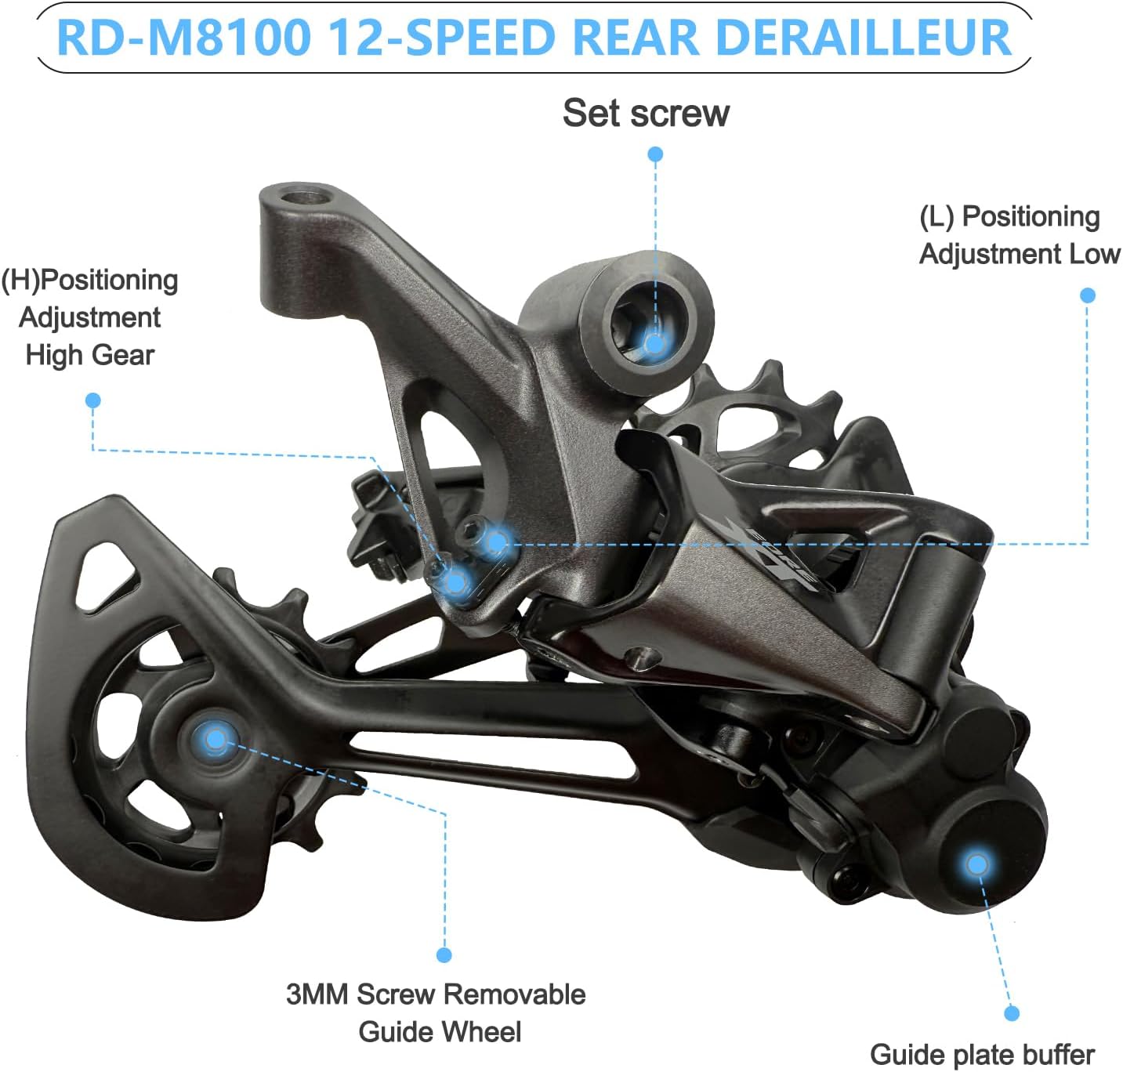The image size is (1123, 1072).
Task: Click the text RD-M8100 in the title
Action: pyautogui.click(x=184, y=38)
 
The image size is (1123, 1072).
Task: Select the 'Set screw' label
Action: pyautogui.click(x=646, y=113)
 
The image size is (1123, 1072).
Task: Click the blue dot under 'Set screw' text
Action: pyautogui.click(x=655, y=154)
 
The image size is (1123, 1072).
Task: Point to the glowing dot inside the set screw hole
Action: pyautogui.click(x=654, y=342)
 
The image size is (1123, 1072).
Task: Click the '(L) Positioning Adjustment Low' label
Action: pyautogui.click(x=1019, y=235)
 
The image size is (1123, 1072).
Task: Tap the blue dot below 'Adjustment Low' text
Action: pyautogui.click(x=1087, y=295)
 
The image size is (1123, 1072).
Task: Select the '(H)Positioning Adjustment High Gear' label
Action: pyautogui.click(x=90, y=317)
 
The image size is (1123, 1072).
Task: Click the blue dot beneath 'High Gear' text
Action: pyautogui.click(x=92, y=400)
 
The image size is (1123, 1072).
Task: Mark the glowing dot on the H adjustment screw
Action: pyautogui.click(x=454, y=581)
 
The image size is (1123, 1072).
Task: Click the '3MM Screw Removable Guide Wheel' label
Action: pyautogui.click(x=437, y=1012)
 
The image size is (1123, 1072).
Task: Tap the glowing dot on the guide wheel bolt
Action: pyautogui.click(x=215, y=737)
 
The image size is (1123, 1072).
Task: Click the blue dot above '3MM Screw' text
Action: pyautogui.click(x=444, y=954)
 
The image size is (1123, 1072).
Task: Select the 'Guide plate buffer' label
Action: pyautogui.click(x=982, y=1054)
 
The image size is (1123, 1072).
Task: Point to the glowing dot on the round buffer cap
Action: pyautogui.click(x=976, y=864)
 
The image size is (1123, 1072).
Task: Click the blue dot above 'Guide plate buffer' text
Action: pyautogui.click(x=1012, y=1013)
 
